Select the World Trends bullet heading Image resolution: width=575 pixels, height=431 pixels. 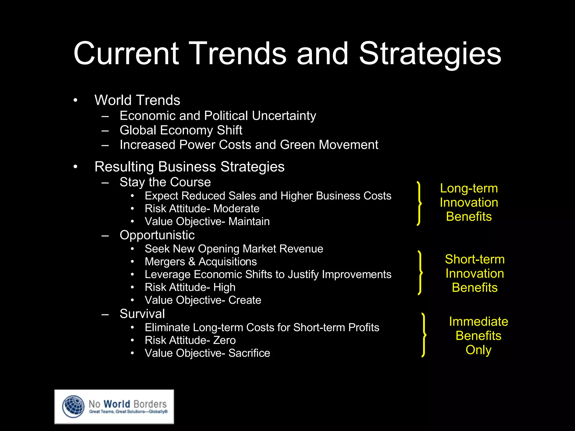point(137,100)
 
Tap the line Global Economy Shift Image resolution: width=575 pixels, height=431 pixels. point(181,130)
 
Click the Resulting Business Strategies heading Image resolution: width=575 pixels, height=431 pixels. point(190,167)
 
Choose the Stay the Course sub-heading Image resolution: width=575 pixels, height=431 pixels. point(165,182)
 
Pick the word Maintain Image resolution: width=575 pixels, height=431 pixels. point(249,221)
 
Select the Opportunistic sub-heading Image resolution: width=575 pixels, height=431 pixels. point(157,235)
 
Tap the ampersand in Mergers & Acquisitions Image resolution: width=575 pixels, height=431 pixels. point(192,262)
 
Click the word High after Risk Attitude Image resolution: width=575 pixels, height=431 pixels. point(224,287)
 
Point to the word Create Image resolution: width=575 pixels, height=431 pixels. point(245,300)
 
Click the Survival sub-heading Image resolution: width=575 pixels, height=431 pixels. point(142,314)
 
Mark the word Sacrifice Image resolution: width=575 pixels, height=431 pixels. point(249,353)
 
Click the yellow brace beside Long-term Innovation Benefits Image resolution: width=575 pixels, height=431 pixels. point(419,203)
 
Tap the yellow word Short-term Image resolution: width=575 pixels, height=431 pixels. point(474,259)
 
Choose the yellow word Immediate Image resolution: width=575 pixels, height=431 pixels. point(478,322)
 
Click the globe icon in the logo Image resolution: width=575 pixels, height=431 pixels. point(73,407)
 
